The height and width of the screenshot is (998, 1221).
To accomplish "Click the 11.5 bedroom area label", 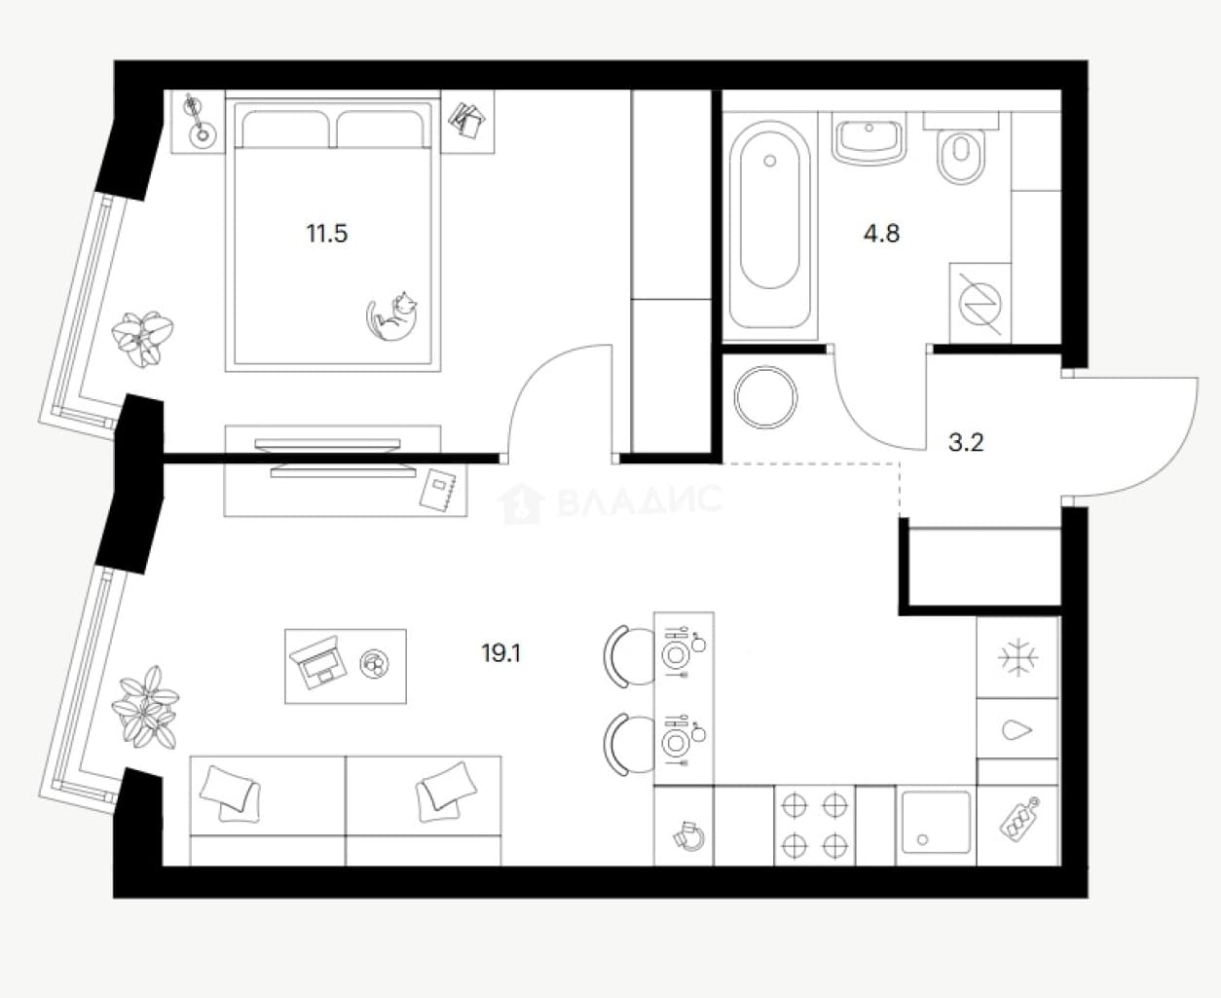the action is [326, 234].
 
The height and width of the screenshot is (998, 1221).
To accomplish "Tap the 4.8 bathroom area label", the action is [881, 234].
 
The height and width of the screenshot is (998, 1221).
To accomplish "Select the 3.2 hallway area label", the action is [966, 443].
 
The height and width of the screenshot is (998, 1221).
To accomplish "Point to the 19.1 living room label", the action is [500, 653].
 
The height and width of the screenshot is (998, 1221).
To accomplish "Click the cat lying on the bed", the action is [391, 316].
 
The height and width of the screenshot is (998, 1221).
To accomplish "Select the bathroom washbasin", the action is [869, 139].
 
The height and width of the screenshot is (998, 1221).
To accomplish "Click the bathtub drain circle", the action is [769, 161].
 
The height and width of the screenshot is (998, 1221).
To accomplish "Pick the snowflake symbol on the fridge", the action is [1017, 657].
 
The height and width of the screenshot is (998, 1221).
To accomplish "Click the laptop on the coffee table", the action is [317, 662].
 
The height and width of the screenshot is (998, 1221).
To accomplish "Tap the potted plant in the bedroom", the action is [142, 339].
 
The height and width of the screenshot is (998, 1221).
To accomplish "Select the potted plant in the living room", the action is [145, 707].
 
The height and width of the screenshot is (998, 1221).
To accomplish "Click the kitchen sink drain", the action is [923, 839].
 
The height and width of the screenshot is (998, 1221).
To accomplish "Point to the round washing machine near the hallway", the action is [765, 397].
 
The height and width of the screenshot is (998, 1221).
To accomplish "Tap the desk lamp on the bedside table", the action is [198, 121].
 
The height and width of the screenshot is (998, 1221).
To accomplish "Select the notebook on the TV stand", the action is [438, 490].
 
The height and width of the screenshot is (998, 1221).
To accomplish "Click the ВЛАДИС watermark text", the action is [640, 500].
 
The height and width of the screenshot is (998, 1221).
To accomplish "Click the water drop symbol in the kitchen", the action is [1017, 730].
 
